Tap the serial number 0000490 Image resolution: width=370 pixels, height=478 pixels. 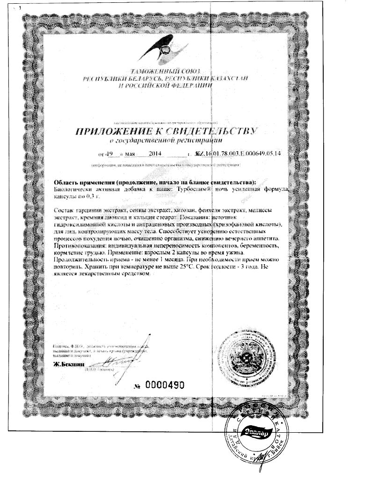coord(166,385)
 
